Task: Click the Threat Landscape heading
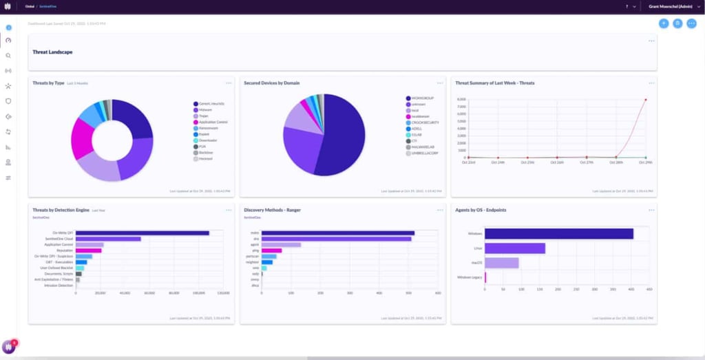coord(52,52)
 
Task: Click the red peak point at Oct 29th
coord(645,99)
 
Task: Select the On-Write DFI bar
coord(142,233)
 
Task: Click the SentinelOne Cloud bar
coord(108,239)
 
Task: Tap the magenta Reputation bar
coord(88,251)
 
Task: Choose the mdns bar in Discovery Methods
coord(337,233)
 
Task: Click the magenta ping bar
coord(271,251)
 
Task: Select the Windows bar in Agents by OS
coord(559,234)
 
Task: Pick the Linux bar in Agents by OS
coord(515,248)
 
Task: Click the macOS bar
coord(502,263)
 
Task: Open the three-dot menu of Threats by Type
coord(228,83)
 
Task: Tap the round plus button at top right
coord(664,23)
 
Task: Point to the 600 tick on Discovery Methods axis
coord(438,293)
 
